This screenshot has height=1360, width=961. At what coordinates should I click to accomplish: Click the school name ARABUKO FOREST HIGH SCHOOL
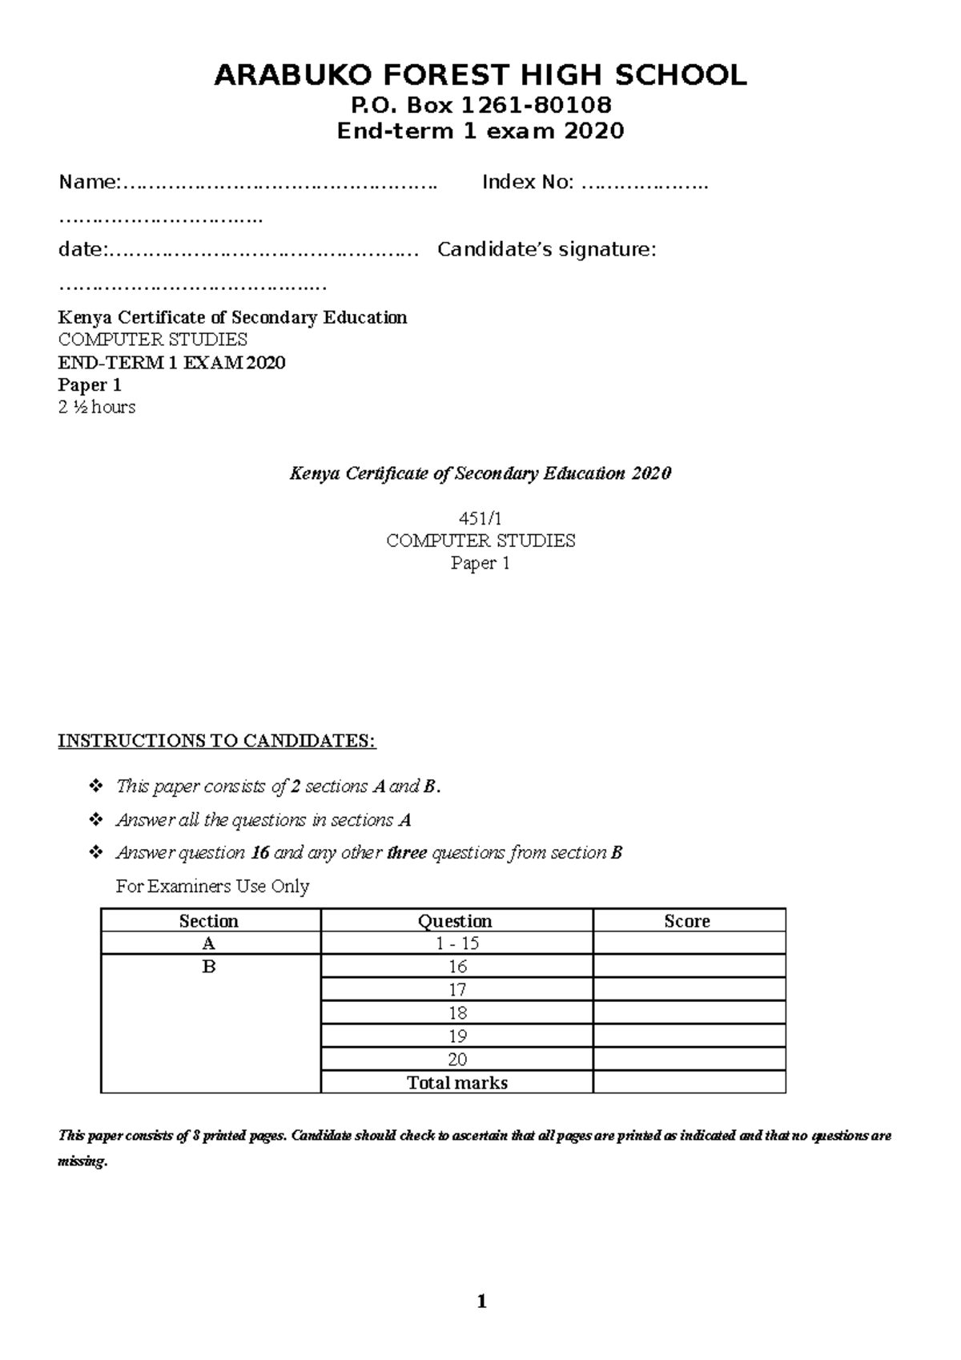[480, 75]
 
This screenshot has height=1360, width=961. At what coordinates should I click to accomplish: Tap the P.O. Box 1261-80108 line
[480, 105]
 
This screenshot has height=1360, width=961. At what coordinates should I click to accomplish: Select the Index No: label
[528, 183]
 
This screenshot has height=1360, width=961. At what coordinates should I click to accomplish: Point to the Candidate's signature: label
[547, 250]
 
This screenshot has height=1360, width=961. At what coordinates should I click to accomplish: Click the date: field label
[81, 250]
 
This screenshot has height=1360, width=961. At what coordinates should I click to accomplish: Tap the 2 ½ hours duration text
[97, 407]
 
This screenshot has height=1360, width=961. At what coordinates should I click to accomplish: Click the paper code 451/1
[480, 518]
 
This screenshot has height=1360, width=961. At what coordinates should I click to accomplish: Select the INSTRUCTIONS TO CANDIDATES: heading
[216, 741]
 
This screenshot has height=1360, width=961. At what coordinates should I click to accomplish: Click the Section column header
[209, 921]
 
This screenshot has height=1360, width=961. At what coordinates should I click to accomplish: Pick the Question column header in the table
[456, 921]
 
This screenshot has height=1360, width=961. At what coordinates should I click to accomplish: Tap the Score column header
[687, 921]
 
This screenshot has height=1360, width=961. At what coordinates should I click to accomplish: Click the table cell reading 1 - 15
[457, 944]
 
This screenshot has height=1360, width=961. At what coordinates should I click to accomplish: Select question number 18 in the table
[457, 1013]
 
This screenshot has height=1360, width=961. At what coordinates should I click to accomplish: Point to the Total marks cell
[457, 1083]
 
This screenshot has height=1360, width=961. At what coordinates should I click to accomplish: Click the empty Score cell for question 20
[689, 1060]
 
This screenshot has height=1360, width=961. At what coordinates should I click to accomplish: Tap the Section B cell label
[209, 967]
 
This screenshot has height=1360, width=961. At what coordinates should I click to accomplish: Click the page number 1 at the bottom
[481, 1302]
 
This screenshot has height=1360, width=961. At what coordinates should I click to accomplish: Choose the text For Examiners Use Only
[212, 887]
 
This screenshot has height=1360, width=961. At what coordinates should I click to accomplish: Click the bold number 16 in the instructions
[259, 853]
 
